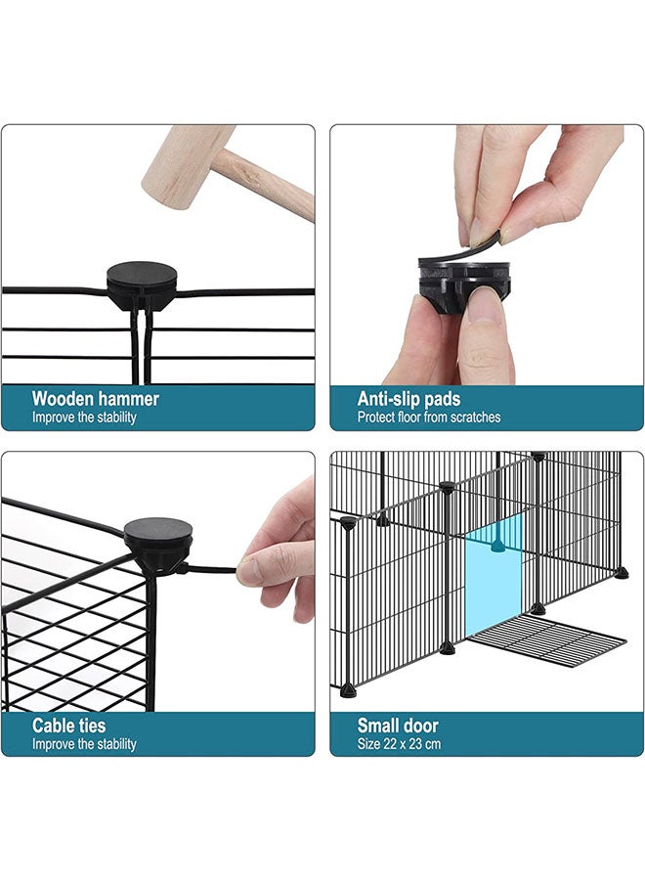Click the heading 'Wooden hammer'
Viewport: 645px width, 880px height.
click(95, 399)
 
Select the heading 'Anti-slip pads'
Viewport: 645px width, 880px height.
click(408, 399)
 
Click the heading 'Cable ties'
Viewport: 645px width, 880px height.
click(68, 726)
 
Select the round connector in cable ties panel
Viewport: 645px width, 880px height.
click(157, 538)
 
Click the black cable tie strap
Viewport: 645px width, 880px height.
click(210, 567)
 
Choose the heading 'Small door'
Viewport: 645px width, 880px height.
click(398, 726)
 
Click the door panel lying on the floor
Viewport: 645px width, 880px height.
click(547, 644)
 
